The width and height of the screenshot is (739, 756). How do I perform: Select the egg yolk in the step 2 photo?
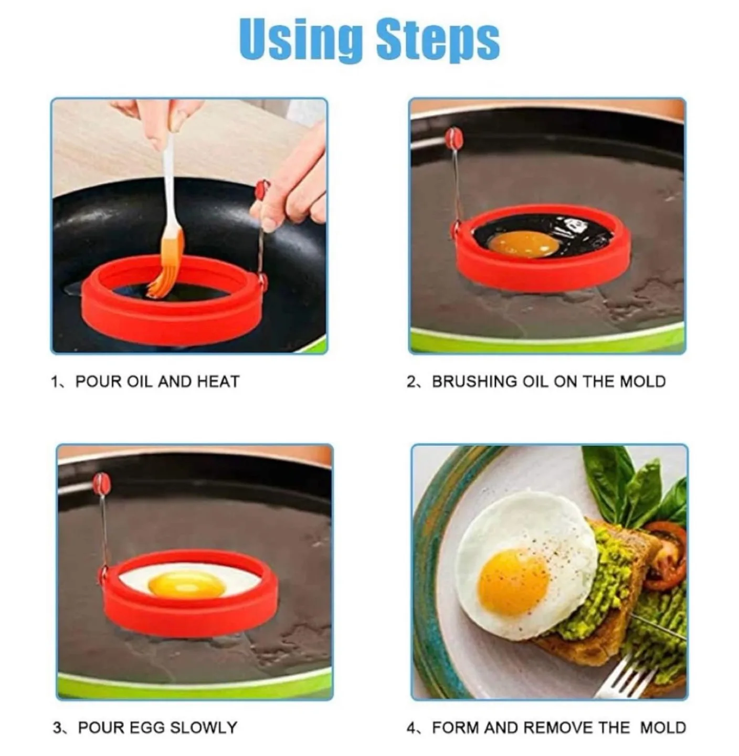click(523, 243)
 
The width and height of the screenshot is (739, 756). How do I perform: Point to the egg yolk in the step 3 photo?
click(187, 584)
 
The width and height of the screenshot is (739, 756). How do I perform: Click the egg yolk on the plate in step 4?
click(514, 582)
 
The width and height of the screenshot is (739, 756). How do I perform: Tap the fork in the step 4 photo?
click(630, 677)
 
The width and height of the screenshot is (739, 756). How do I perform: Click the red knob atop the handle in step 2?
click(453, 138)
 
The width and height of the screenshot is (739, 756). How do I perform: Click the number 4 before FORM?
click(411, 728)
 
